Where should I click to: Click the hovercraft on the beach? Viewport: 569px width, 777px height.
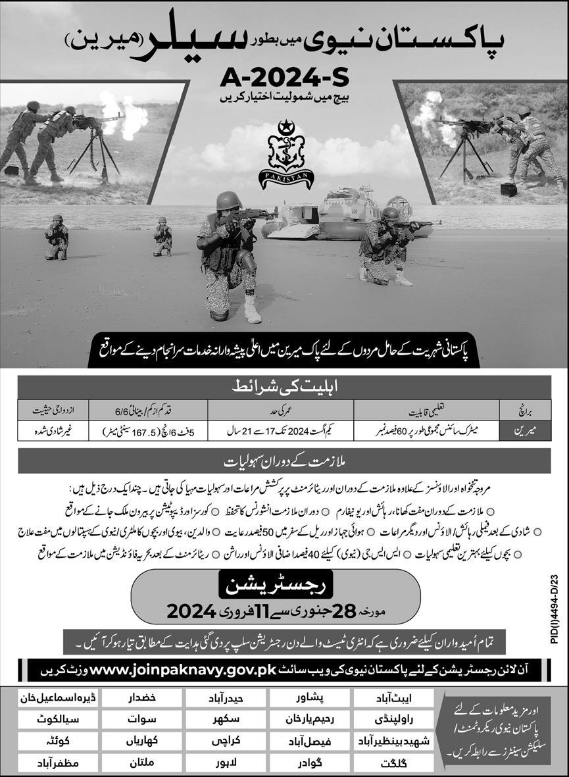pos(322,214)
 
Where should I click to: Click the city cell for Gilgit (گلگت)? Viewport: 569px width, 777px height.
pos(393,764)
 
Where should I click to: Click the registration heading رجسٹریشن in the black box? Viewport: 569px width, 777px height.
pos(284,583)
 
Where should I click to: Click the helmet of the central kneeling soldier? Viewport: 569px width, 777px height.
pos(229,200)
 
